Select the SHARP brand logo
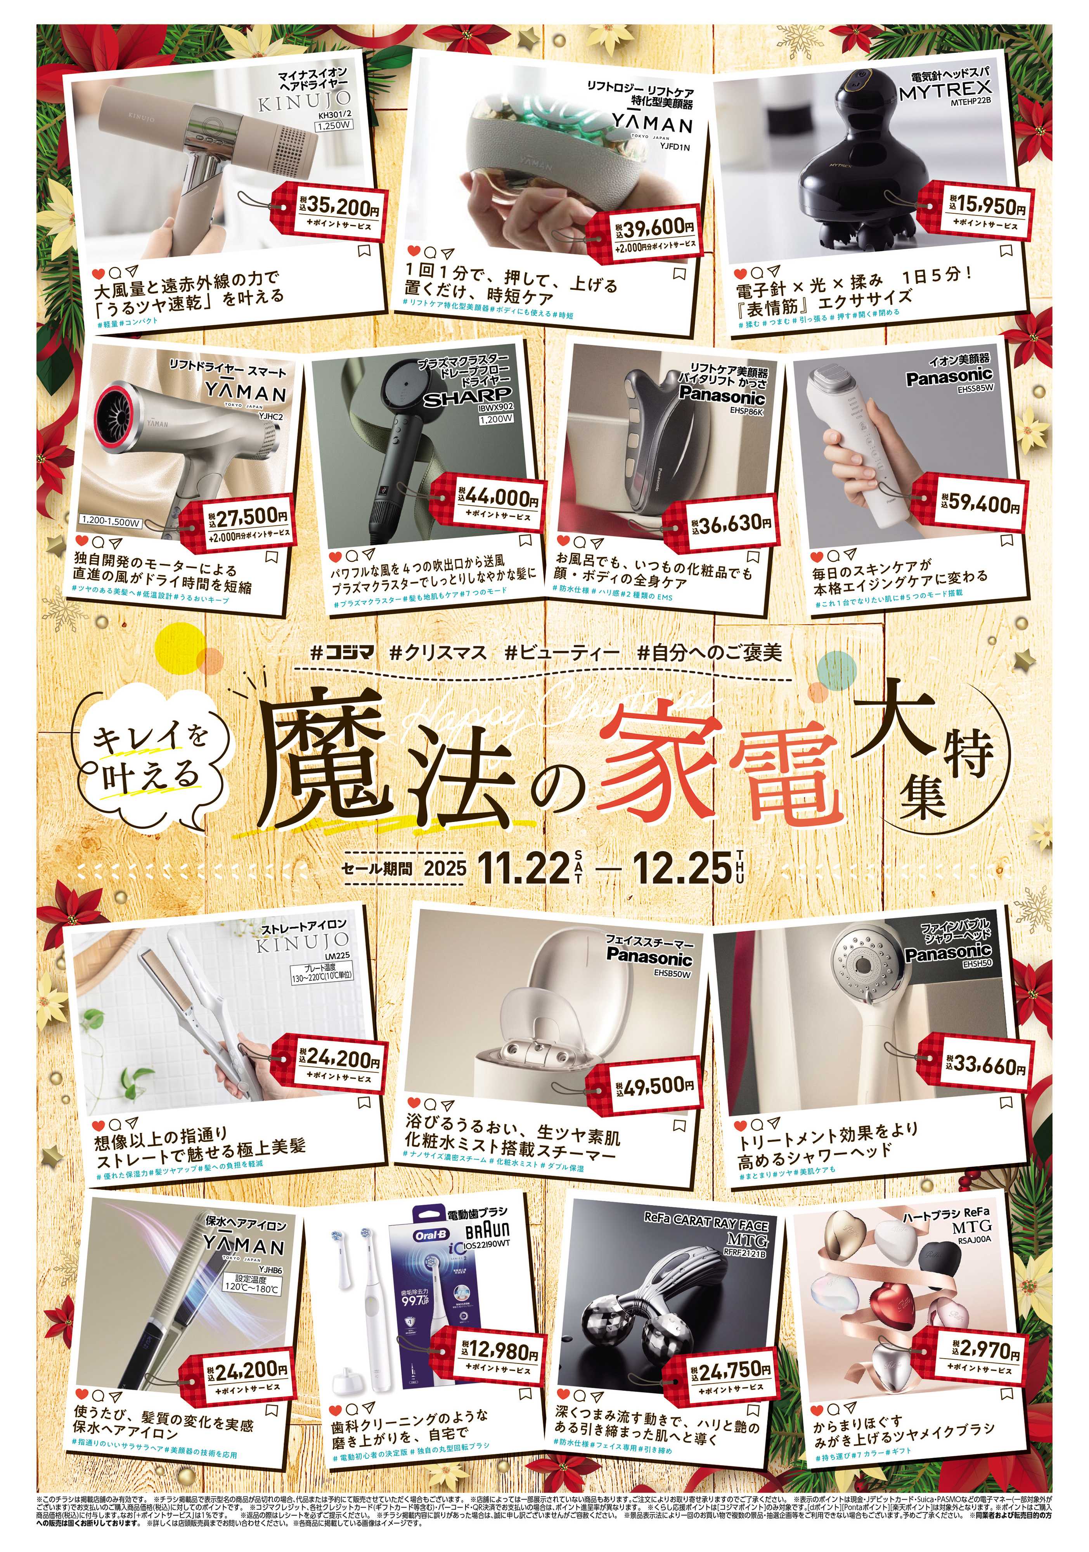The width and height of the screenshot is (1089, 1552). click(468, 397)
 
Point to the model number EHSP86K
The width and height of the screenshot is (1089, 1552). click(746, 410)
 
